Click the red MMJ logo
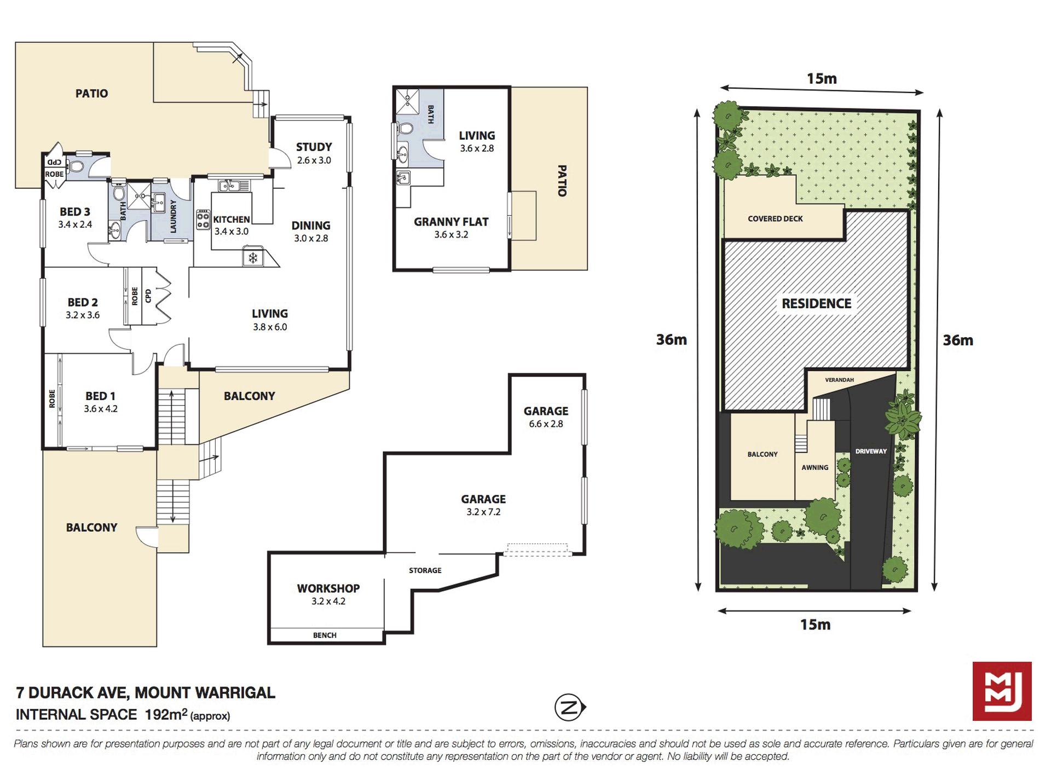1002,691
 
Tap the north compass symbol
570,707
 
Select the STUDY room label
314,147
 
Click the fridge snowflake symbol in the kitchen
253,257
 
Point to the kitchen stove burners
203,219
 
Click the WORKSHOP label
328,588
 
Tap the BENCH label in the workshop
325,635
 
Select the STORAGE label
425,570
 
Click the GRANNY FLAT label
451,222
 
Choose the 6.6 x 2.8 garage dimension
546,424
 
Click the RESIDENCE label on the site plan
816,304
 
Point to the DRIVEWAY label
871,452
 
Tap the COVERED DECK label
775,218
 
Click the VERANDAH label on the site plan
839,380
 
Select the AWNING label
814,467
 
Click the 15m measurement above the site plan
822,79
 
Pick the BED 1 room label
100,396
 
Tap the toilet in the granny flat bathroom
405,129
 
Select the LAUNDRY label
174,216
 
